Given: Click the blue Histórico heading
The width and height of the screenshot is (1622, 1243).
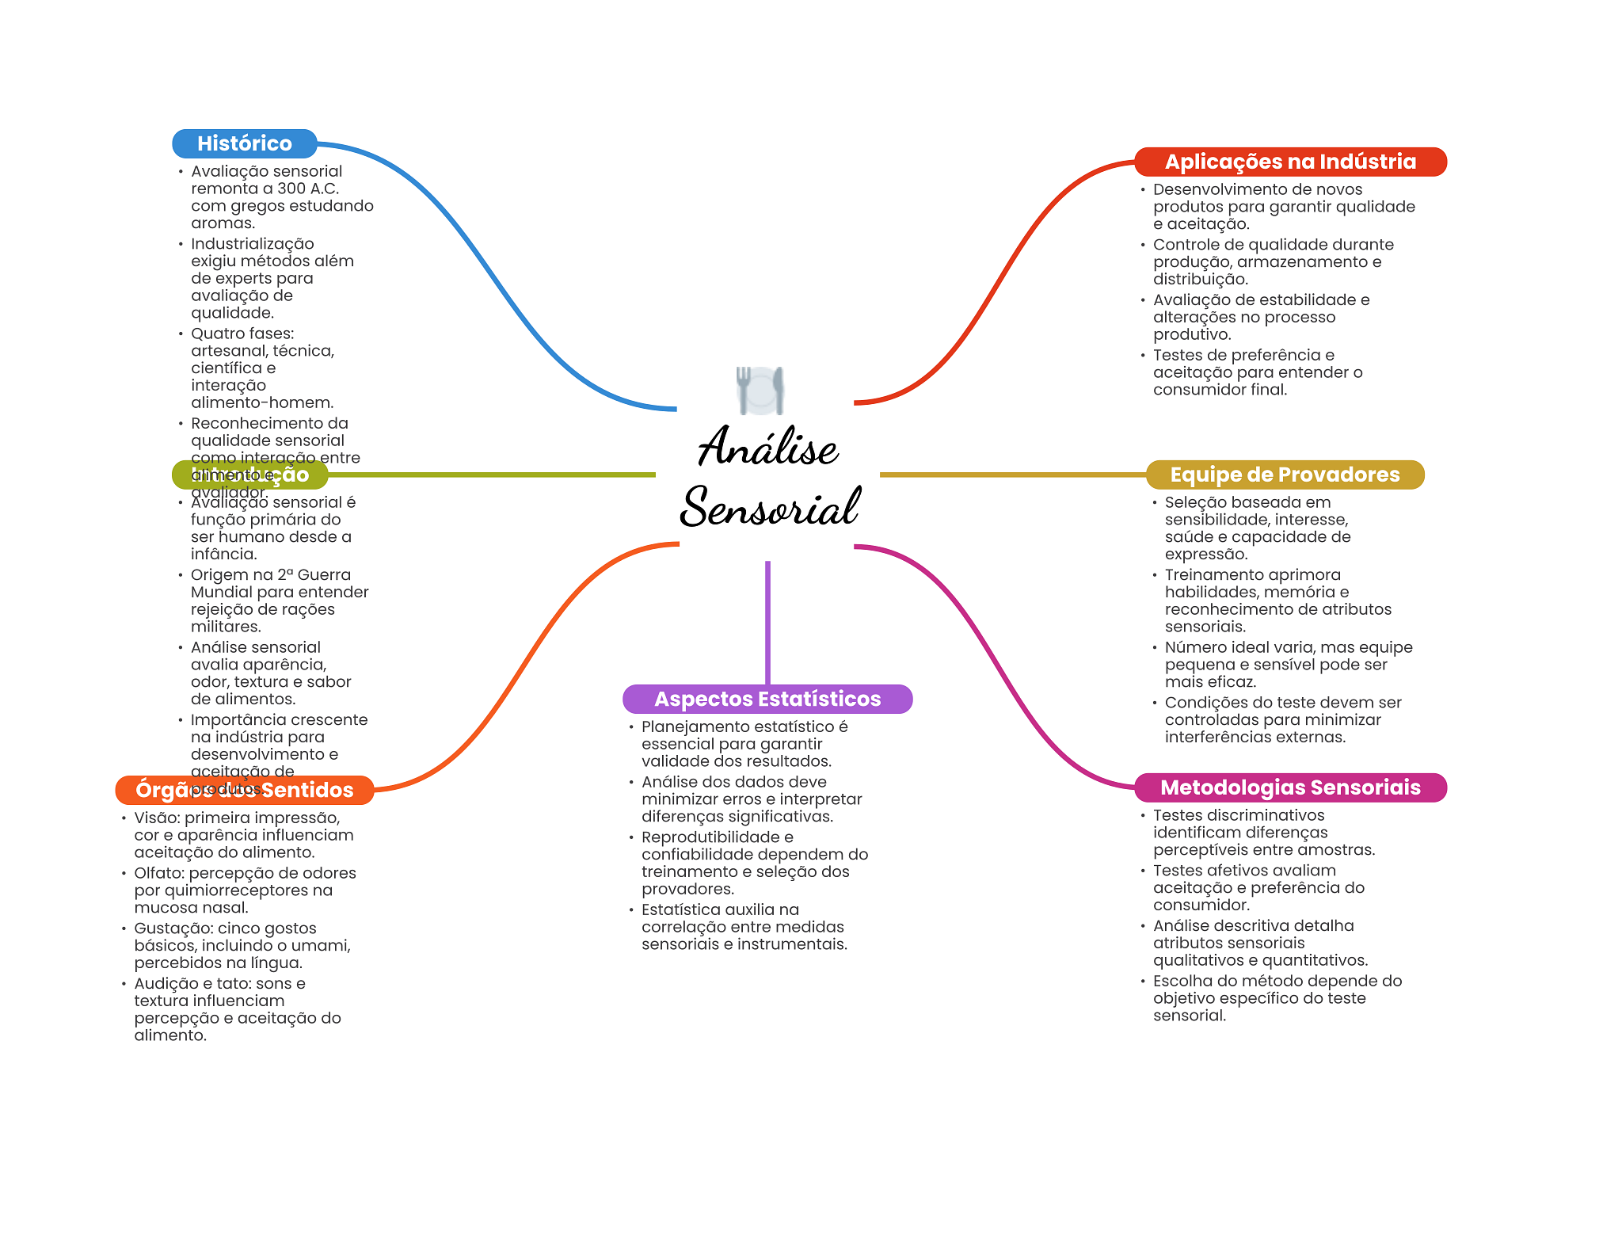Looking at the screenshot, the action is (244, 143).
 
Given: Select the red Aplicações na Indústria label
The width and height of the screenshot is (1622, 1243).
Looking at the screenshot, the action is (1289, 162).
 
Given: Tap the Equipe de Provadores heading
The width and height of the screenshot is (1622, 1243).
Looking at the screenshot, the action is (1284, 475).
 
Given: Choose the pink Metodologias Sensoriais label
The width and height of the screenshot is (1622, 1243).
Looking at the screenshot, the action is (1289, 787).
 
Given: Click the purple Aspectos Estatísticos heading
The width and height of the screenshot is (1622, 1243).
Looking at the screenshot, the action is (767, 699).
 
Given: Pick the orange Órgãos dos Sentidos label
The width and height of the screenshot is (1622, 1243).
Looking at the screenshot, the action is (244, 790).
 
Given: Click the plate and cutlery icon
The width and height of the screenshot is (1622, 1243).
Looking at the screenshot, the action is (760, 390).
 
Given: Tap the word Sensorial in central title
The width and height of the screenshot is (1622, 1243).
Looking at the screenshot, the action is (770, 507).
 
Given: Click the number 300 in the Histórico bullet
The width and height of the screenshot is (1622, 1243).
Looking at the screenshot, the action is (291, 189).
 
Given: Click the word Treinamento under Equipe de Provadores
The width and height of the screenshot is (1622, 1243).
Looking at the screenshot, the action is (1213, 575).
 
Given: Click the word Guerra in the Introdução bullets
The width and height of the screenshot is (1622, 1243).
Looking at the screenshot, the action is (324, 575).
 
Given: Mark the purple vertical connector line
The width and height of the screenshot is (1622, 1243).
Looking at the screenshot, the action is (767, 622).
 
